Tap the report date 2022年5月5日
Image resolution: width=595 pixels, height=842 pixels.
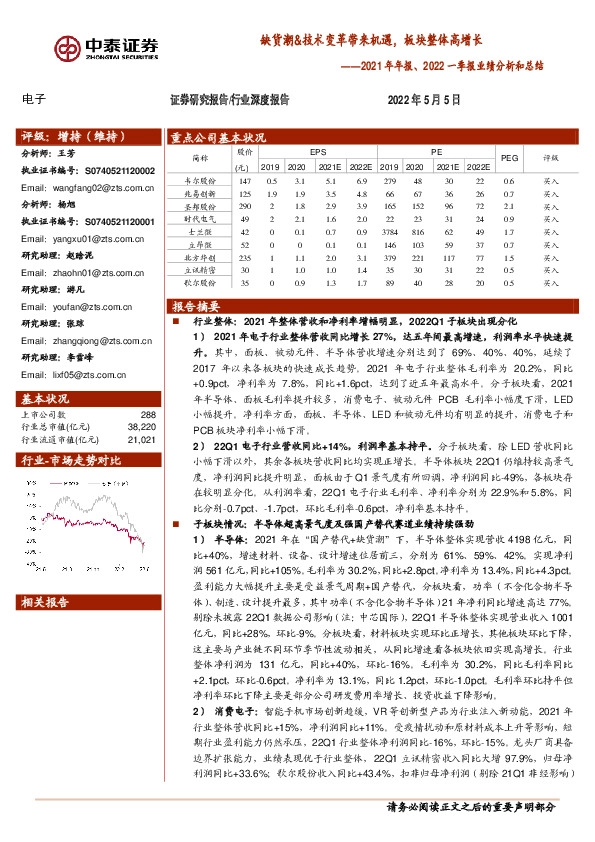coord(424,100)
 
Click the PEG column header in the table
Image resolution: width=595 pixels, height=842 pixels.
coord(510,158)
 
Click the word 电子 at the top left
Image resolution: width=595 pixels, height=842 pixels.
coord(34,99)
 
